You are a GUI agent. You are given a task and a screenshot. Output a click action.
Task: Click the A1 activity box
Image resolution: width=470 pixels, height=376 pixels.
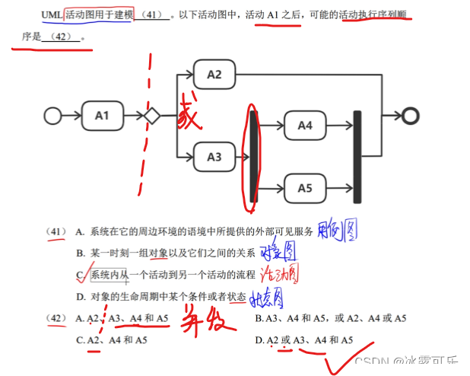(x=102, y=116)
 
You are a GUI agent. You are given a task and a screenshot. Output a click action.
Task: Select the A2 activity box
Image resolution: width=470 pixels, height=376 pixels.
(x=214, y=75)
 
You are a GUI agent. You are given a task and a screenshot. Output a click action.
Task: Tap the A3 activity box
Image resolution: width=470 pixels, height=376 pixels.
(x=214, y=157)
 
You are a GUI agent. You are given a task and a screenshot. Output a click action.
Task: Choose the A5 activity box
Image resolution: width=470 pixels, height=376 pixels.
(x=305, y=186)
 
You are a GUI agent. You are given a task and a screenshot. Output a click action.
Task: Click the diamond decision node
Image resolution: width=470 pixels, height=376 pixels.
(x=151, y=116)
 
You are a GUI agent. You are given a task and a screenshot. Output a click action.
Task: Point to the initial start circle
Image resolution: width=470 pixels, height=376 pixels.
(x=52, y=116)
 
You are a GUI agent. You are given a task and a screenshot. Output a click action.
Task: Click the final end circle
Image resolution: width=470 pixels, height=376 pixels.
(x=411, y=116)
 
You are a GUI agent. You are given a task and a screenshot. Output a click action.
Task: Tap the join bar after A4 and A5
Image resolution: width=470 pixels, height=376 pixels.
(x=357, y=157)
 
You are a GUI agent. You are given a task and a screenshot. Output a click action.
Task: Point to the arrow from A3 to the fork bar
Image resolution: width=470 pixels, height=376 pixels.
(x=244, y=157)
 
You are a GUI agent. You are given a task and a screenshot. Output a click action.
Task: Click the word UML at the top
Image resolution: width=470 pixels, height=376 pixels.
(x=52, y=14)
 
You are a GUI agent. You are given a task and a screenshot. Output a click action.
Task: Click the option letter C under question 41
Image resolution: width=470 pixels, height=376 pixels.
(x=80, y=275)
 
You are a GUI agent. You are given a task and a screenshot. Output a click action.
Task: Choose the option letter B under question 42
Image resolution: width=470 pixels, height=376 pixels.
(x=259, y=318)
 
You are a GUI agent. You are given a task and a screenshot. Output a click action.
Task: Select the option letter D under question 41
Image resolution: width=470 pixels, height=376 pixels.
(x=80, y=296)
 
